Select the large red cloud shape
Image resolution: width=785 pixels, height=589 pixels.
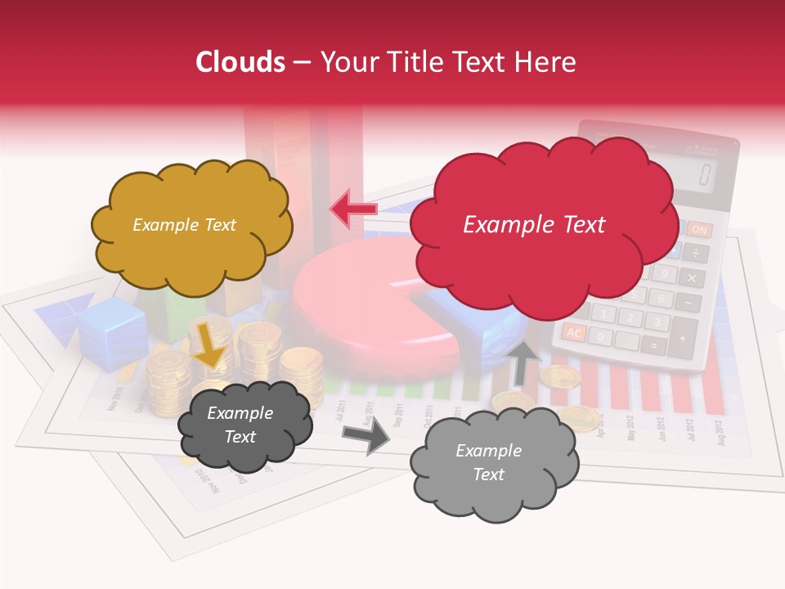540,245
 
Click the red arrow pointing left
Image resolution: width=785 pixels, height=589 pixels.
352,209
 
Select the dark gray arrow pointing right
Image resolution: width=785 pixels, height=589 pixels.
367,438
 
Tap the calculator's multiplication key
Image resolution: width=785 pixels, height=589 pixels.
692,278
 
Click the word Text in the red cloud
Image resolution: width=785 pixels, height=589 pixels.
582,225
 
